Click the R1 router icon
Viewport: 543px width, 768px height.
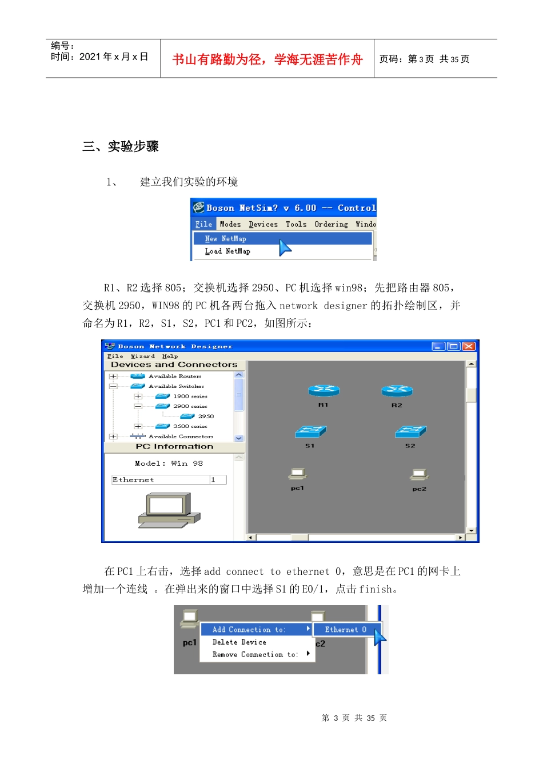tap(324, 391)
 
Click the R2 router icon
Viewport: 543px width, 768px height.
tap(397, 391)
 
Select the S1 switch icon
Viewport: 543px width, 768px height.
tap(310, 431)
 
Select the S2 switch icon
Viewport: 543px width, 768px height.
tap(410, 431)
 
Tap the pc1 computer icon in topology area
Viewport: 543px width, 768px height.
tap(298, 474)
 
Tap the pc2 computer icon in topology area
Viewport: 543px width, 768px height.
tap(419, 475)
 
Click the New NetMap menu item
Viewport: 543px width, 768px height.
tap(225, 239)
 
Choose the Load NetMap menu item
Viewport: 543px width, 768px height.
tap(227, 251)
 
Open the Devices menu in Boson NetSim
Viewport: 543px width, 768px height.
tap(263, 225)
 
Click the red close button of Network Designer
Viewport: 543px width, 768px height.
tap(469, 346)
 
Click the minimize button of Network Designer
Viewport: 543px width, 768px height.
tap(438, 346)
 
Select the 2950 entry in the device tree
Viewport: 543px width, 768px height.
tap(206, 416)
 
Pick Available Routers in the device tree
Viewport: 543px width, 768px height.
tap(175, 376)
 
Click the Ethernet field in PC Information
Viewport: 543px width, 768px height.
tap(161, 480)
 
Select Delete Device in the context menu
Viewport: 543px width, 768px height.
tap(239, 642)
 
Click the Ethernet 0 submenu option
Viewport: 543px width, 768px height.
tap(345, 630)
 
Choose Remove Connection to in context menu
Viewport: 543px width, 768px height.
tap(255, 655)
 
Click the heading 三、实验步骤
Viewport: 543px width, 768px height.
tap(121, 146)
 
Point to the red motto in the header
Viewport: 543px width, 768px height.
tap(267, 59)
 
